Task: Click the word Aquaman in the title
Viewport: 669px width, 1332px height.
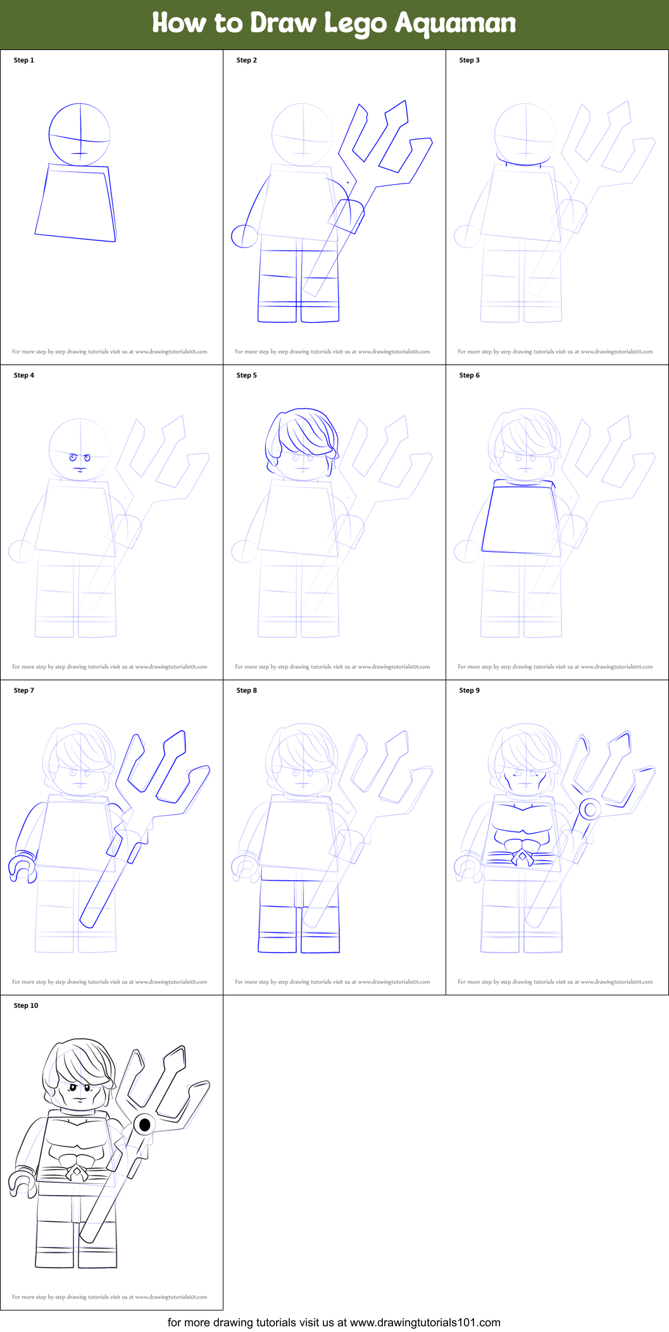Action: (x=455, y=23)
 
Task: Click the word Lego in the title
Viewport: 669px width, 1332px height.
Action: (x=355, y=24)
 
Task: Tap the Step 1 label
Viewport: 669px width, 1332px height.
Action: (x=24, y=60)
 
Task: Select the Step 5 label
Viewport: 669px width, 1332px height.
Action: (x=246, y=375)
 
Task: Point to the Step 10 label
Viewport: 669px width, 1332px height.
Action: (x=26, y=1005)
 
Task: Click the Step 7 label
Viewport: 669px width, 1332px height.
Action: (x=24, y=690)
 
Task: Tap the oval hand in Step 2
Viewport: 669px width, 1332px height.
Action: (x=244, y=237)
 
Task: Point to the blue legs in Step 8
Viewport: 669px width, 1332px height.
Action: (x=299, y=918)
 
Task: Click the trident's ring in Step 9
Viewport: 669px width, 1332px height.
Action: (x=590, y=809)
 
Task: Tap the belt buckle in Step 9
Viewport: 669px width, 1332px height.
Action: (x=522, y=858)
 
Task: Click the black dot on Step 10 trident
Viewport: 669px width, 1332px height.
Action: (x=144, y=1124)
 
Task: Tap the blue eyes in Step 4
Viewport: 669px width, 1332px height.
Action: (x=80, y=457)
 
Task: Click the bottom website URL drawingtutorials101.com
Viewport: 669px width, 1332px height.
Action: (x=425, y=1323)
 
